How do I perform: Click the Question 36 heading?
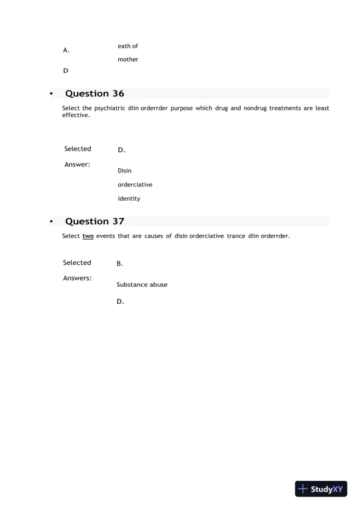[94, 94]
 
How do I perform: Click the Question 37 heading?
[94, 222]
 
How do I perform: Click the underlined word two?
[88, 236]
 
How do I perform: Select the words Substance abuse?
[142, 285]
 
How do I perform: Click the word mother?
[128, 59]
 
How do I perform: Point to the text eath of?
[128, 46]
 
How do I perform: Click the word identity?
[129, 199]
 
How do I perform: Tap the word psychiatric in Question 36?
[110, 108]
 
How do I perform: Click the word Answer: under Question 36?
[77, 164]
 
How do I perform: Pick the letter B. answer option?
[120, 264]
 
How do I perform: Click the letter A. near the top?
[66, 51]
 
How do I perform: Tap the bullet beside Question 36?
[52, 94]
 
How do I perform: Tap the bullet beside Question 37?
[52, 222]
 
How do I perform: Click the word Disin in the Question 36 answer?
[125, 171]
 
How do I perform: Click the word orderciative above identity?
[135, 185]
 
